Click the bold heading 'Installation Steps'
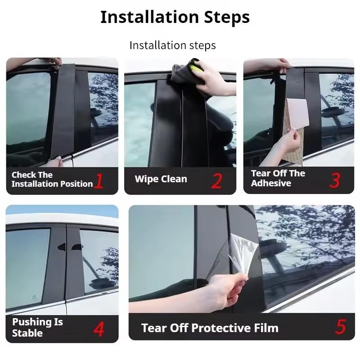pos(175,18)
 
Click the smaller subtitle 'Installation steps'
pos(172,45)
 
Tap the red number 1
pos(99,180)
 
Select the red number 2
pos(216,180)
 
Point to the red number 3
pos(334,180)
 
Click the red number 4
pos(99,328)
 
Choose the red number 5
pos(340,327)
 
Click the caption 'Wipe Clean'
pos(161,179)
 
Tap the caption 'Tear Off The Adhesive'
pos(278,178)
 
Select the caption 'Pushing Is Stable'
pos(37,328)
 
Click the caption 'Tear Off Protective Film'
pos(210,328)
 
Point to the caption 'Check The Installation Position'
pos(52,180)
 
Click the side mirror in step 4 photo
pos(100,283)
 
